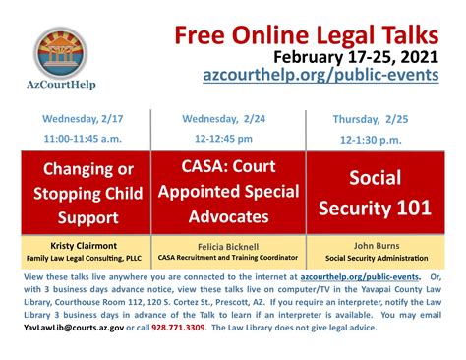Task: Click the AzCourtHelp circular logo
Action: point(61,53)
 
